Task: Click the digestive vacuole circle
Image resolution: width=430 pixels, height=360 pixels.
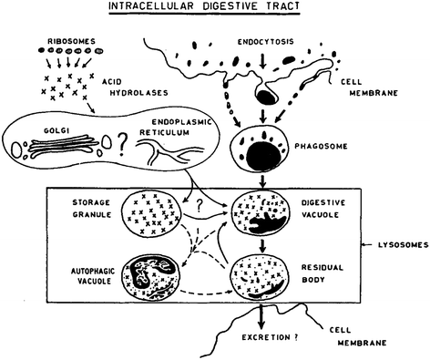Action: point(265,216)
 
